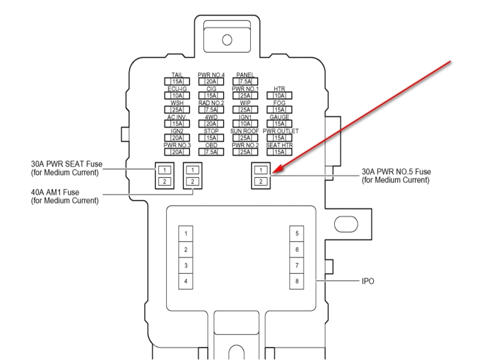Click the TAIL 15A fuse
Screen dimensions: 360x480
click(x=176, y=82)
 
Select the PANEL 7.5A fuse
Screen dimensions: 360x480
click(x=245, y=82)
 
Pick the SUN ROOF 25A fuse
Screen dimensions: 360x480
click(x=245, y=137)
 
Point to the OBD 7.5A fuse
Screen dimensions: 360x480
click(x=211, y=151)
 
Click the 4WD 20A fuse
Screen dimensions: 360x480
click(x=211, y=124)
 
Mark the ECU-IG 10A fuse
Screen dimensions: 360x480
click(x=176, y=95)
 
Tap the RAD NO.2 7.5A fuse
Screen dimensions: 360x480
click(x=211, y=109)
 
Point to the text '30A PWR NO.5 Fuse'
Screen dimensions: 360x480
click(x=396, y=171)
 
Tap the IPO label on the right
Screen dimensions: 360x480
click(x=368, y=281)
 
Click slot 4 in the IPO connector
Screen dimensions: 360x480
click(x=185, y=281)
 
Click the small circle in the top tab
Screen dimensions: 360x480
click(x=227, y=40)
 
